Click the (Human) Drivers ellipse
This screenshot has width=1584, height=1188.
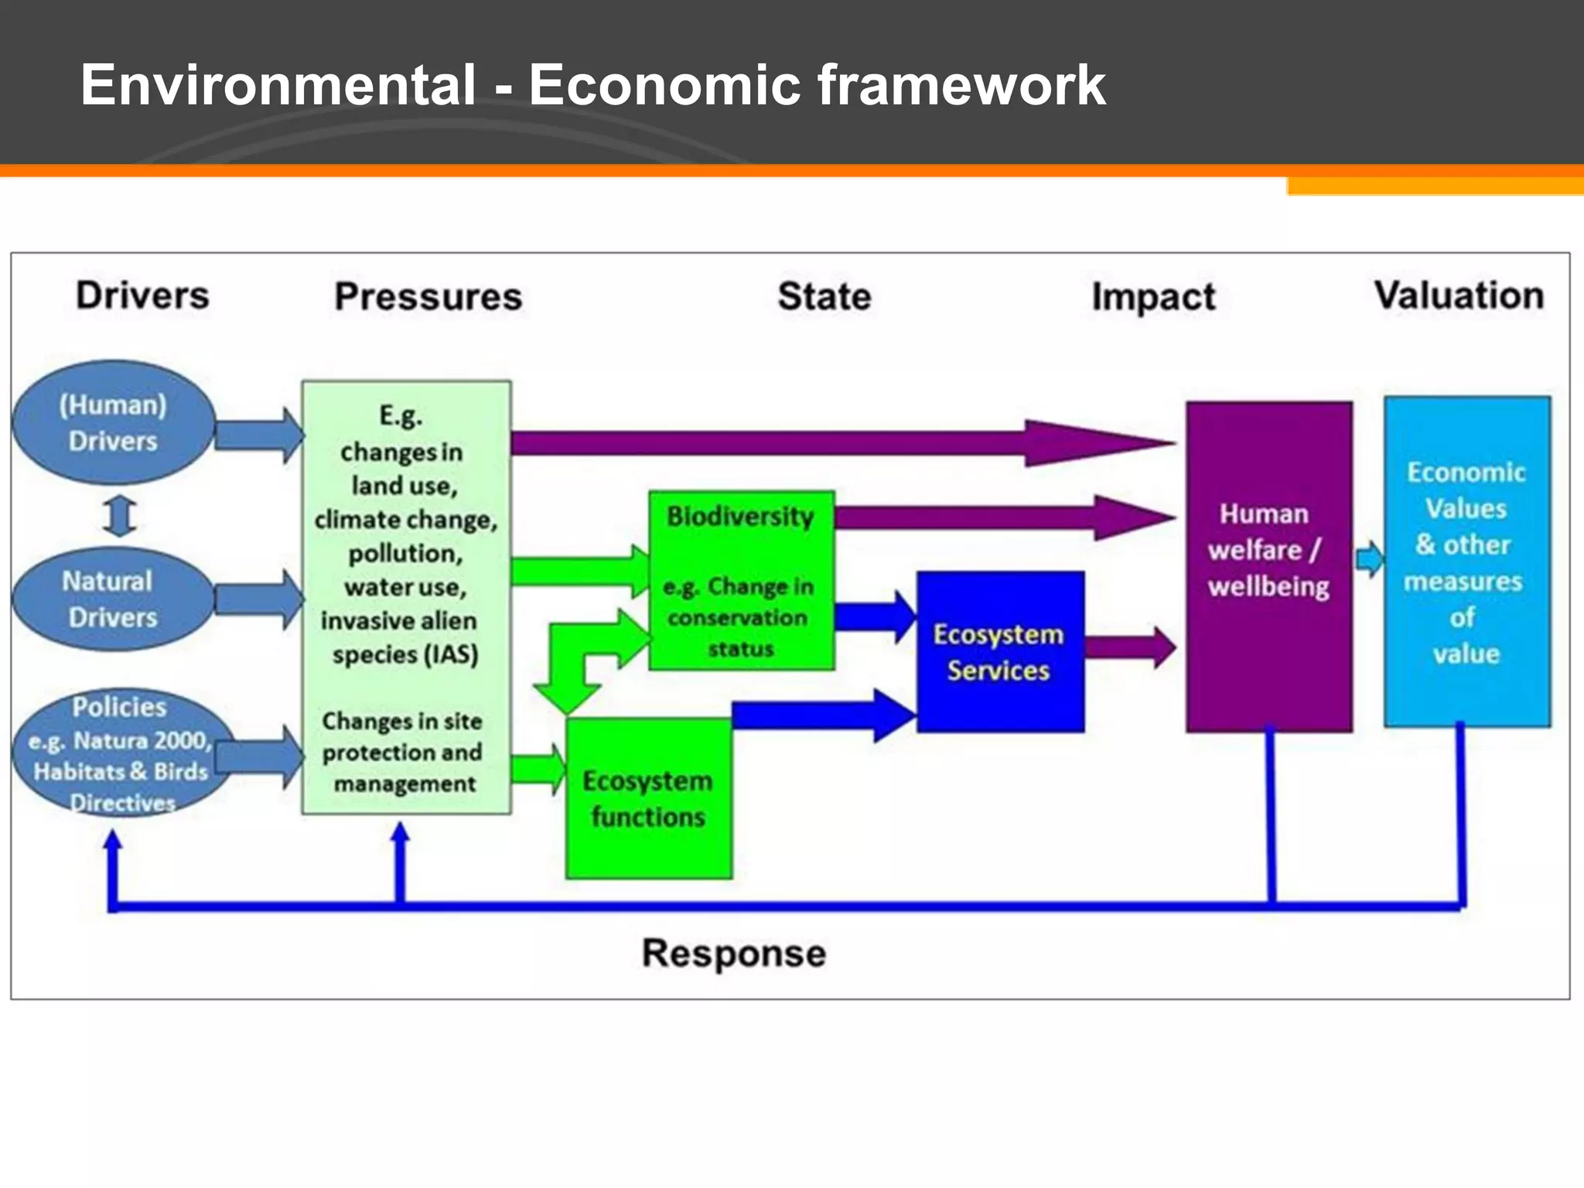tap(113, 422)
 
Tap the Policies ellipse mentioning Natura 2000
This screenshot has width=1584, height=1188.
tap(121, 753)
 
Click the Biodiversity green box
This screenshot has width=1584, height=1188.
tap(741, 580)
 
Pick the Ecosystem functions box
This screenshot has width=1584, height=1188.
tap(648, 799)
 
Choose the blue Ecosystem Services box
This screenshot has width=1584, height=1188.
tap(999, 652)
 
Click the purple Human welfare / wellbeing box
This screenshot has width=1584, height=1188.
tap(1268, 566)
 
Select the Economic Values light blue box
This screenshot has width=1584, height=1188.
tap(1466, 562)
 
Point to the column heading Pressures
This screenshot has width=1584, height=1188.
tap(428, 297)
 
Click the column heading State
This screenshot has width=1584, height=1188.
tap(824, 297)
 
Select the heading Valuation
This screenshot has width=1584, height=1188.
tap(1459, 295)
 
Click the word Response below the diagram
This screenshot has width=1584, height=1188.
tap(733, 953)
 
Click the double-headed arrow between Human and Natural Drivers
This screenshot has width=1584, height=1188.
tap(120, 516)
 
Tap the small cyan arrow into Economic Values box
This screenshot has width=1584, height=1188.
tap(1370, 558)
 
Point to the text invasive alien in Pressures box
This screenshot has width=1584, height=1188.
tap(398, 621)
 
